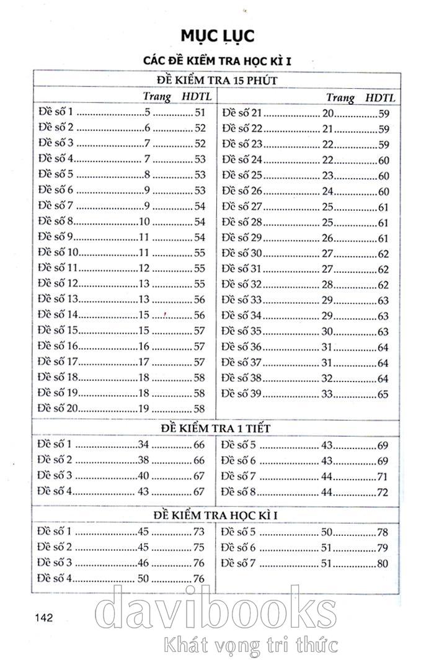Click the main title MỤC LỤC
217,36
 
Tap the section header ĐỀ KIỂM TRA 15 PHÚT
216,81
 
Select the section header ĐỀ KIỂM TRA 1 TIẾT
216,428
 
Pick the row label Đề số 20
58,408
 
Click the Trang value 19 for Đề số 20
143,408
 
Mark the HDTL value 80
382,564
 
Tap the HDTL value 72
382,493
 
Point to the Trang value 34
143,444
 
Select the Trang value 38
143,460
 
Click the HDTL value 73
198,532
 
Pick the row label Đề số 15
58,331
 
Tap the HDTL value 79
382,548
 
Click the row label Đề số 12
58,283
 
